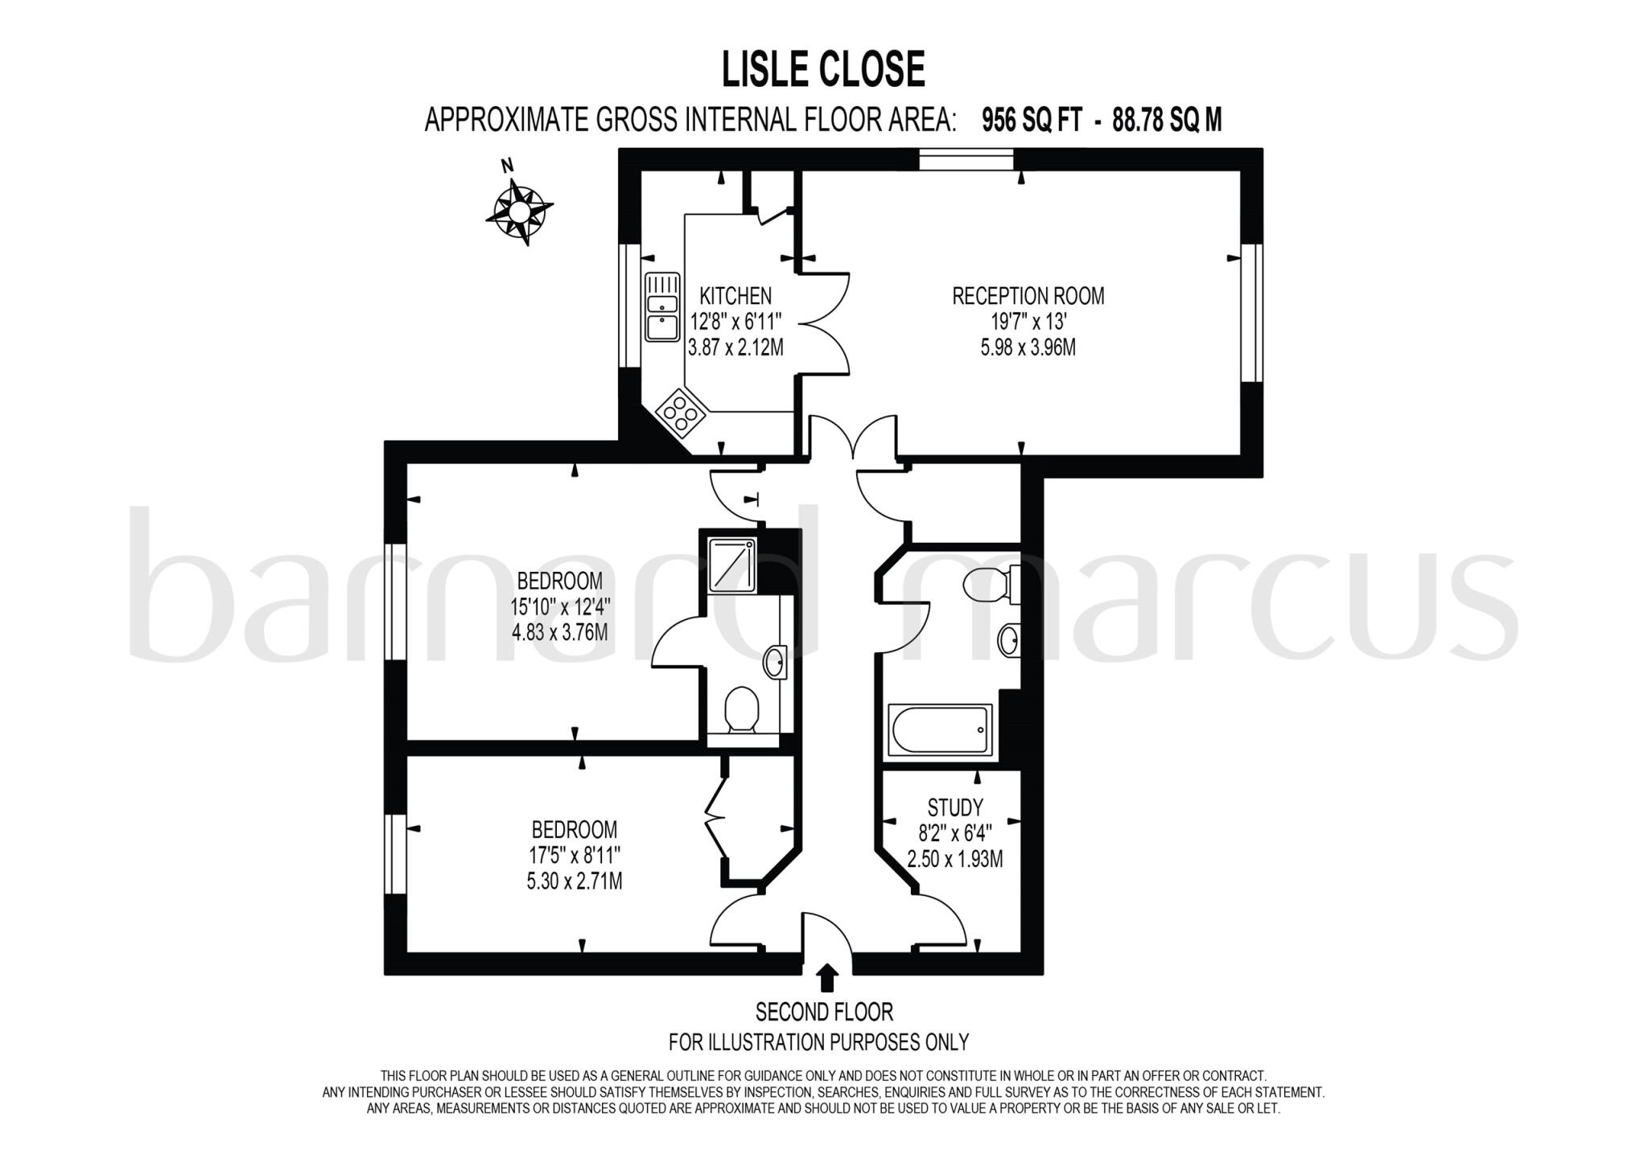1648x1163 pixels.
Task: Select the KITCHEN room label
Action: click(x=735, y=296)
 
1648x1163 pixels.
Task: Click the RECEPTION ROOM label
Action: click(x=1028, y=296)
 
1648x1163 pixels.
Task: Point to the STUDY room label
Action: click(x=955, y=807)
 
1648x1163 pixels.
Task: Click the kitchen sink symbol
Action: click(x=662, y=307)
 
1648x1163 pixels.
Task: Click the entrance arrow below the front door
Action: click(x=826, y=978)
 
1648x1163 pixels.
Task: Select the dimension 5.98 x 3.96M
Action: click(x=1028, y=347)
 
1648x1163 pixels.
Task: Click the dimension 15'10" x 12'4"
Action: click(x=559, y=606)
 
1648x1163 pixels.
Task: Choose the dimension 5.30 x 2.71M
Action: click(x=574, y=881)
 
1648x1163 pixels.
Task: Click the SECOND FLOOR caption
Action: click(x=824, y=1011)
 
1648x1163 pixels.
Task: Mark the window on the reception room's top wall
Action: click(x=966, y=159)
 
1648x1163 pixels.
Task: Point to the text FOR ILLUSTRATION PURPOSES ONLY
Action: click(x=818, y=1042)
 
